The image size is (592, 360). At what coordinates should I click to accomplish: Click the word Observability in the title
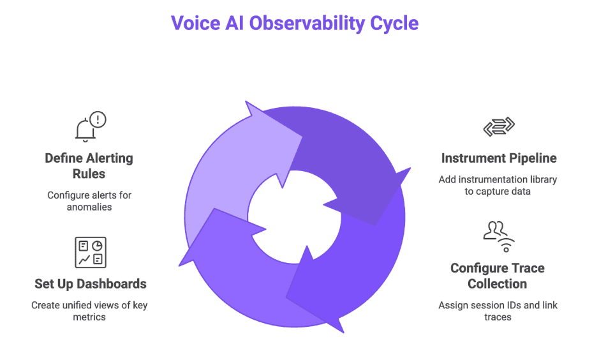click(306, 24)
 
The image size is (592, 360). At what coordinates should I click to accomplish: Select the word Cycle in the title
click(394, 24)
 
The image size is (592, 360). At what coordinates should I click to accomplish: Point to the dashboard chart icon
click(90, 252)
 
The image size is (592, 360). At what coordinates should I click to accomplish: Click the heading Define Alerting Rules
click(89, 165)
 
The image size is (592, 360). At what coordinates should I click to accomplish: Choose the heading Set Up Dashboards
click(90, 283)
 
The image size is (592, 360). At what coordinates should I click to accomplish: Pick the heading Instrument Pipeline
click(498, 158)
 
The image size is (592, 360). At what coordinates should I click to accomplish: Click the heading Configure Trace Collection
click(498, 276)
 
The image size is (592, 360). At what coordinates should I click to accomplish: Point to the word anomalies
click(89, 206)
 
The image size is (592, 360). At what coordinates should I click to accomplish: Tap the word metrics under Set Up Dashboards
click(89, 317)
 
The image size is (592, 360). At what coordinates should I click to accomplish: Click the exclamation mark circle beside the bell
click(98, 119)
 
